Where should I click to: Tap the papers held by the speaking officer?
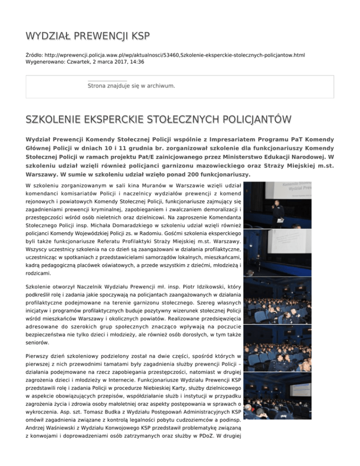[280, 207]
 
